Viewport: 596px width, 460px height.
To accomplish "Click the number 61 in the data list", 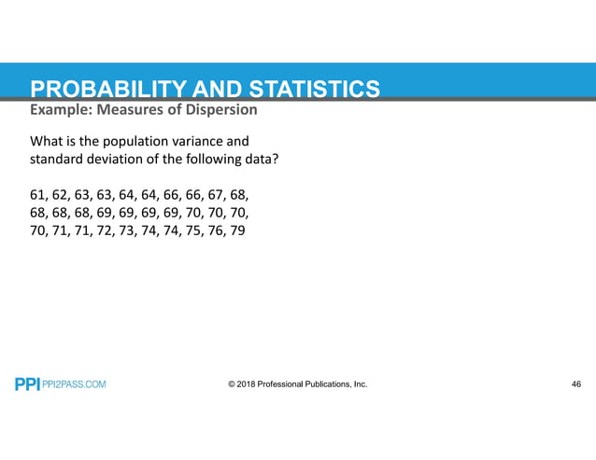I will point(38,195).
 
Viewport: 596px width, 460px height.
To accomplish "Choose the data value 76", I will point(212,230).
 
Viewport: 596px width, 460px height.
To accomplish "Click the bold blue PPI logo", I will point(27,384).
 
